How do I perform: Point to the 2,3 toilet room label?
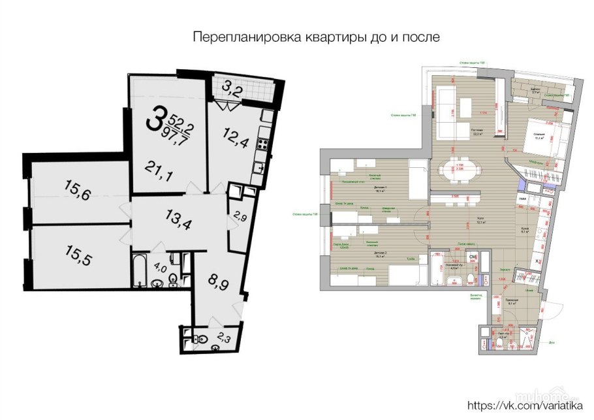(x=223, y=338)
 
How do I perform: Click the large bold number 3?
(x=155, y=120)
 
